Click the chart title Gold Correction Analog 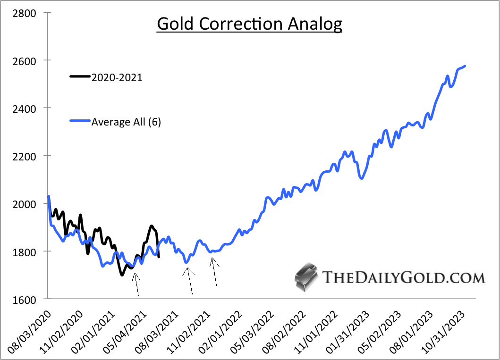pos(249,24)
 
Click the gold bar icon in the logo pos(305,277)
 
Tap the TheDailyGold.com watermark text pos(404,277)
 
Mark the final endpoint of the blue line pos(465,66)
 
